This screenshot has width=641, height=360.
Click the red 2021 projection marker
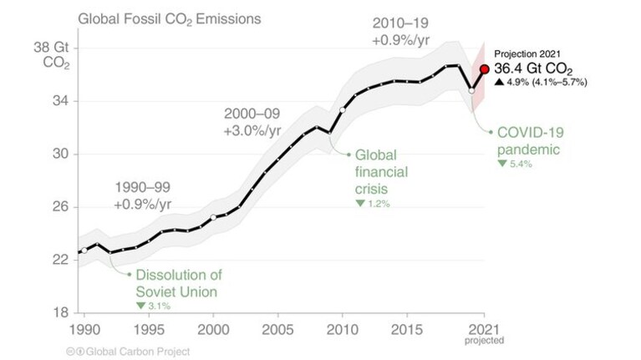[485, 69]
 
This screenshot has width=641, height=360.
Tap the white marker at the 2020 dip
[471, 91]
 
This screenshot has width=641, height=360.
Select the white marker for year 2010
[343, 110]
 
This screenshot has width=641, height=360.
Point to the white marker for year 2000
[213, 217]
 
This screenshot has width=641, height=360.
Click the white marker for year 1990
[84, 251]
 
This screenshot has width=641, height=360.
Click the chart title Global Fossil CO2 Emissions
[170, 19]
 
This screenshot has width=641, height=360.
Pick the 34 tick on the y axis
[60, 100]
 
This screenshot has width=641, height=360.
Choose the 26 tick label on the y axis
[60, 207]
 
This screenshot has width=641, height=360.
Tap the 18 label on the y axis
[60, 312]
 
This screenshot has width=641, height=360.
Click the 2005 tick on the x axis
[277, 330]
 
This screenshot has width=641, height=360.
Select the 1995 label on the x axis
[149, 330]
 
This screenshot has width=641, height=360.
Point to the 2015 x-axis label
[407, 330]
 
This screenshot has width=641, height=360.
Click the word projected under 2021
[484, 341]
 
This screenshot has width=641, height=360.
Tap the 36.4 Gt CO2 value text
[533, 68]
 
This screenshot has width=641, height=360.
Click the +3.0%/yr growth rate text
[252, 131]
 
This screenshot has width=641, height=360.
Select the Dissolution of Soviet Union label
[179, 283]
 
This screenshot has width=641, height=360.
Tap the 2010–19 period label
[400, 23]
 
